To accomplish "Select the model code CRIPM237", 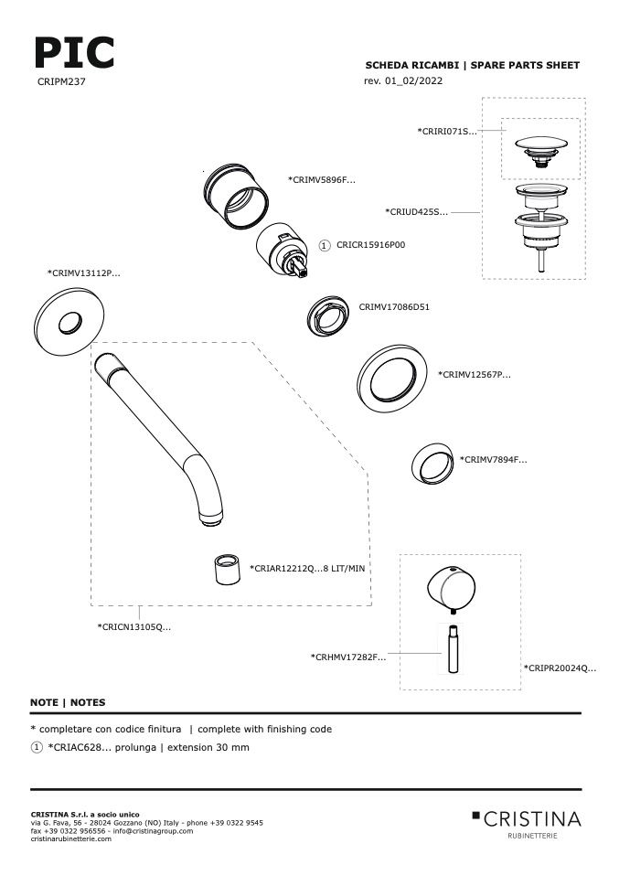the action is coord(61,81).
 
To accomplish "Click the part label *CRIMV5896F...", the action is coord(322,180).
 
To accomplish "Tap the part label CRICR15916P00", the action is coord(371,245).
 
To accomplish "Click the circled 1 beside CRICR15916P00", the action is coord(325,245).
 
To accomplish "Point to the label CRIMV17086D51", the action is coord(394,306).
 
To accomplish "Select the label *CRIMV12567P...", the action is coord(475,374).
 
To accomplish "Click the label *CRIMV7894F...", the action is coord(494,460).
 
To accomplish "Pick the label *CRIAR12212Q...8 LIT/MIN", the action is coord(307,568).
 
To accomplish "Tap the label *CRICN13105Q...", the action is coord(134,627).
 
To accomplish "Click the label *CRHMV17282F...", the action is coord(348,657).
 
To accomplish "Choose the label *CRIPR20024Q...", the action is coord(560,668).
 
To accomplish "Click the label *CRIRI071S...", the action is coord(447,132).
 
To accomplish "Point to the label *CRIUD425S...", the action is coord(416,212).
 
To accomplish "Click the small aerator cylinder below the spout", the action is coord(228,570).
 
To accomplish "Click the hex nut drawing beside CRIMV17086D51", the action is coord(328,316).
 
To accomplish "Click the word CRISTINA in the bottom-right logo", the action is coord(532,819).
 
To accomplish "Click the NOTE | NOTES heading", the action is coord(68,702).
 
